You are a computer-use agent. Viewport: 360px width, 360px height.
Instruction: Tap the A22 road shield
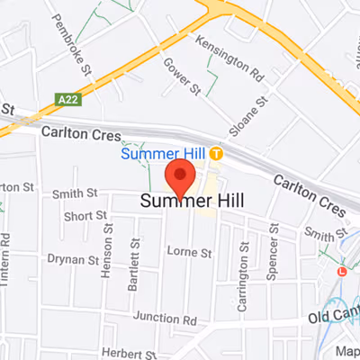66,98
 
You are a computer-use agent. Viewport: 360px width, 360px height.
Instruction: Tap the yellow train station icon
217,154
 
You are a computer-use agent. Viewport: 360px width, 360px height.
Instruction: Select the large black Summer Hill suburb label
193,201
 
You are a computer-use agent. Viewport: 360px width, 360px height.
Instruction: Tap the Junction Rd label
164,319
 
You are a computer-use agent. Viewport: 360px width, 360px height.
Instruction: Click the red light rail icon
341,271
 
